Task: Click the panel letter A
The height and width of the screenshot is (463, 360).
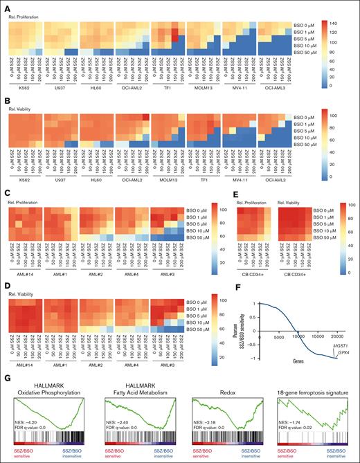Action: pos(5,5)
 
